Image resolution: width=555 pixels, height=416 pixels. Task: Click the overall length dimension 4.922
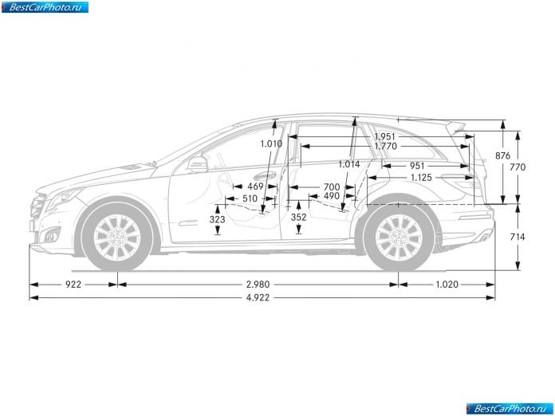coord(258,297)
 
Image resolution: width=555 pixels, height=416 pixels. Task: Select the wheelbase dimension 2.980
coord(258,284)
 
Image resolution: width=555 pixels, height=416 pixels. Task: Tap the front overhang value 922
coord(73,284)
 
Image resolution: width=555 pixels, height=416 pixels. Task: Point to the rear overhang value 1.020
coord(447,284)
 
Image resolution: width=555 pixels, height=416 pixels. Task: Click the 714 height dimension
coord(518,237)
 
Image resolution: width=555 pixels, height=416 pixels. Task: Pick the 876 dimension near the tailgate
coord(502,155)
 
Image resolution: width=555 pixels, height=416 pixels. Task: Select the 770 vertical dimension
coord(518,167)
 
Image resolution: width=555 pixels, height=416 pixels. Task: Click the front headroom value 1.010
coord(271,143)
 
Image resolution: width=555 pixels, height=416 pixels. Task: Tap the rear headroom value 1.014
coord(349,164)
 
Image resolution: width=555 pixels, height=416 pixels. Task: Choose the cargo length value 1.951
coord(384,136)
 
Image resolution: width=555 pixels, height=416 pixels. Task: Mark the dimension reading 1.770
coord(385,146)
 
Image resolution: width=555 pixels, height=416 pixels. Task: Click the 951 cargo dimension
coord(417,166)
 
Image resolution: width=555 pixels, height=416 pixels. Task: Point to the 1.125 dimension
coord(421,178)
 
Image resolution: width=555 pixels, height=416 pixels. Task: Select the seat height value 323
coord(217,219)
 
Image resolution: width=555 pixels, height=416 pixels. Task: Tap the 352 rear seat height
coord(298,218)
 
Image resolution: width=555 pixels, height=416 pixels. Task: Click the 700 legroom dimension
coord(332,186)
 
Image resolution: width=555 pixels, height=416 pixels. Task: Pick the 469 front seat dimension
coord(255,186)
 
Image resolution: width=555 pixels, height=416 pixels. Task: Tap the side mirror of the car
coord(198,164)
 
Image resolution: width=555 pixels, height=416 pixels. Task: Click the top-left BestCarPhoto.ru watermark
coord(45,7)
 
